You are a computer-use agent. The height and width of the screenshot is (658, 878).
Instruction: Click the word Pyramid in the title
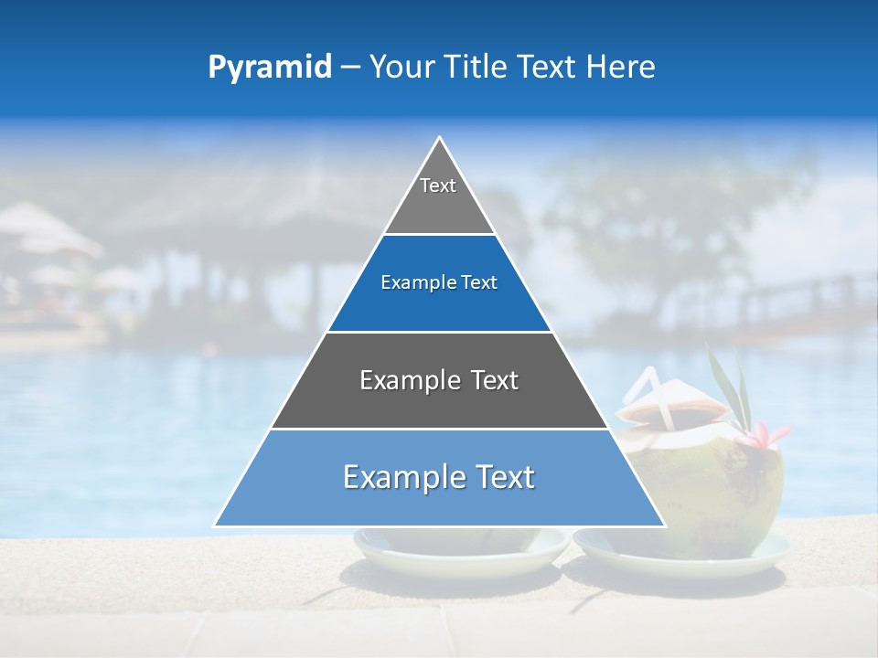pyautogui.click(x=270, y=68)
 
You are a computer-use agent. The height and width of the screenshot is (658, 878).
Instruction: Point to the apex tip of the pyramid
pyautogui.click(x=439, y=139)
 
